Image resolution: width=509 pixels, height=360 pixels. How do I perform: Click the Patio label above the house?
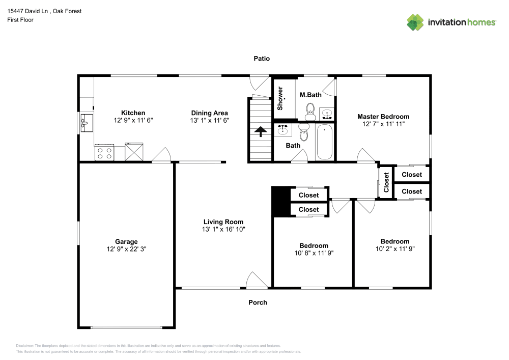(262, 59)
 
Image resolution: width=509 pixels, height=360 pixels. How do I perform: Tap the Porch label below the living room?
(258, 302)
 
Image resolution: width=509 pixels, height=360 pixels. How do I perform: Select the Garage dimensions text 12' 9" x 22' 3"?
(127, 249)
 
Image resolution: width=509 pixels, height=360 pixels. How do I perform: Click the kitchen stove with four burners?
(104, 153)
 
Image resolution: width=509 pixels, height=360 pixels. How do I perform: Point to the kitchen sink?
(87, 123)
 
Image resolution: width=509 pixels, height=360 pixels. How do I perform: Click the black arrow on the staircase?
(261, 132)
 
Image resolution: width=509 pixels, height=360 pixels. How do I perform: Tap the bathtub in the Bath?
(325, 142)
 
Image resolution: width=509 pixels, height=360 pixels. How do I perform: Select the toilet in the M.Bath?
(310, 112)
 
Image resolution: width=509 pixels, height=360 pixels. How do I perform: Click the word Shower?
(280, 98)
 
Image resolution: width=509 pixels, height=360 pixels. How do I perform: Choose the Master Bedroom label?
(383, 117)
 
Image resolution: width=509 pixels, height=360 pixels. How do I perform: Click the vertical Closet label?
(386, 182)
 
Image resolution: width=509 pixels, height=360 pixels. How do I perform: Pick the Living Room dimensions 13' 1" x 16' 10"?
(223, 229)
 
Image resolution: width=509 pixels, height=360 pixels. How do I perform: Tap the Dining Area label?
(209, 113)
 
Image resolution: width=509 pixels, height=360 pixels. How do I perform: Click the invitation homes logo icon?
(415, 22)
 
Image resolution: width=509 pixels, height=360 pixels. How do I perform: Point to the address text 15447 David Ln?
(27, 11)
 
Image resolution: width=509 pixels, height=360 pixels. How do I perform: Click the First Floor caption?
(20, 20)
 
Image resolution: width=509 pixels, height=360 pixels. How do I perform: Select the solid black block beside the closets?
(281, 201)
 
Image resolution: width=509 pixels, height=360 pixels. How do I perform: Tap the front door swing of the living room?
(257, 280)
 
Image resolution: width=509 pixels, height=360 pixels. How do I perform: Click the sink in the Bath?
(282, 130)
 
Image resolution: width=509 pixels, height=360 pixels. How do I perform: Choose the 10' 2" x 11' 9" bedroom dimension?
(395, 249)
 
